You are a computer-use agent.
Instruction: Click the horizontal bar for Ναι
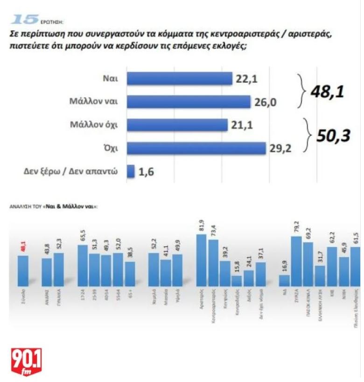[x=180, y=79]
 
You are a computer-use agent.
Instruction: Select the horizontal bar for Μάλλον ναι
[x=189, y=102]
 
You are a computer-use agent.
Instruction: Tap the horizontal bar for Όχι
[x=196, y=148]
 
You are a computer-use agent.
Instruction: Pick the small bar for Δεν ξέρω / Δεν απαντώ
[x=131, y=171]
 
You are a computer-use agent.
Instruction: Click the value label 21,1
[x=242, y=125]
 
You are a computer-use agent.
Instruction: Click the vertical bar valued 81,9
[x=202, y=260]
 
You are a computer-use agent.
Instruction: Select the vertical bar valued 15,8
[x=237, y=281]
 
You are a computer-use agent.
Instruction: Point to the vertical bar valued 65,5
[x=82, y=265]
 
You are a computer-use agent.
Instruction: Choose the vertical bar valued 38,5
[x=130, y=274]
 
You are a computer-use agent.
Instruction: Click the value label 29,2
[x=281, y=149]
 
